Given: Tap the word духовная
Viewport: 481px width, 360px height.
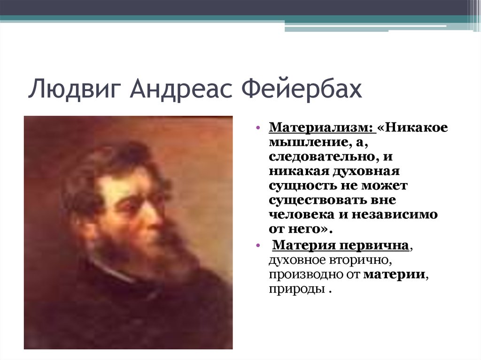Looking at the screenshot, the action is pos(366,171).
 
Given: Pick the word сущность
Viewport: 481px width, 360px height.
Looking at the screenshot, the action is pos(302,186).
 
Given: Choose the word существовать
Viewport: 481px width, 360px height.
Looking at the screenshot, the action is pos(318,200).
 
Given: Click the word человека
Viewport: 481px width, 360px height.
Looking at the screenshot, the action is pos(302,214).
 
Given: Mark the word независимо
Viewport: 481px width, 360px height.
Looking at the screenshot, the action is pos(395,214).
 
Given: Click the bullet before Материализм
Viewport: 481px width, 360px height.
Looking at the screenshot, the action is pos(258,127).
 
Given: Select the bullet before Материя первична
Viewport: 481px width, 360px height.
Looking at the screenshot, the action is pos(258,245).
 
